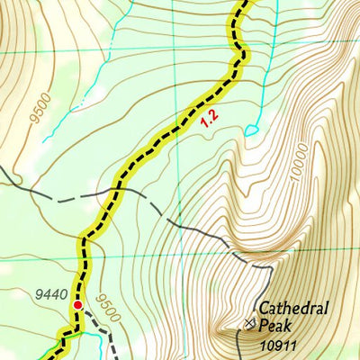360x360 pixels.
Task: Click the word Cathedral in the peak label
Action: coord(293,309)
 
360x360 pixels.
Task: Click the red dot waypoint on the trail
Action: coord(78,305)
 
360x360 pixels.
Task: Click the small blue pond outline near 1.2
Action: coord(251,130)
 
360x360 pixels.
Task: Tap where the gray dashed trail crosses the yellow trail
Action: coord(115,192)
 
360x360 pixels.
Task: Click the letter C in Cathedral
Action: coord(265,309)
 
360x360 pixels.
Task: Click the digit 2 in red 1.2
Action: coord(212,114)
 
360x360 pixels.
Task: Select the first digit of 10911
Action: coord(261,344)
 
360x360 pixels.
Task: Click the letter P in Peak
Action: coord(264,325)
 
